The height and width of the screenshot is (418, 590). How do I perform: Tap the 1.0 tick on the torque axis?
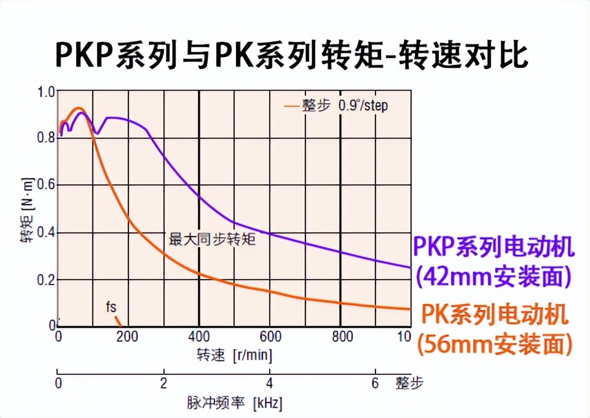coord(47,92)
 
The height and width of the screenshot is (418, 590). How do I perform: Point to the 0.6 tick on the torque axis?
coord(47,186)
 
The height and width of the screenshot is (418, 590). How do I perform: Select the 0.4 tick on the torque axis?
coord(47,233)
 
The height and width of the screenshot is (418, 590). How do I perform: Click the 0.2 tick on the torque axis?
coord(47,280)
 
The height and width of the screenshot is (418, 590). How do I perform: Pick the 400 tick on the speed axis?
coord(199,337)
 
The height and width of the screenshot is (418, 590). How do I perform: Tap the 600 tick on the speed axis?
coord(270,337)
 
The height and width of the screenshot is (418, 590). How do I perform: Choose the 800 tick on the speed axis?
coord(342,337)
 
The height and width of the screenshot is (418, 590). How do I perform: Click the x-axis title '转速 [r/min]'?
coord(234,355)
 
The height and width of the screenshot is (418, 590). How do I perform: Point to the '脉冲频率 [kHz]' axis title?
coord(234,403)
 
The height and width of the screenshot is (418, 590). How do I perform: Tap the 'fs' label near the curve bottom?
coord(111,306)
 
